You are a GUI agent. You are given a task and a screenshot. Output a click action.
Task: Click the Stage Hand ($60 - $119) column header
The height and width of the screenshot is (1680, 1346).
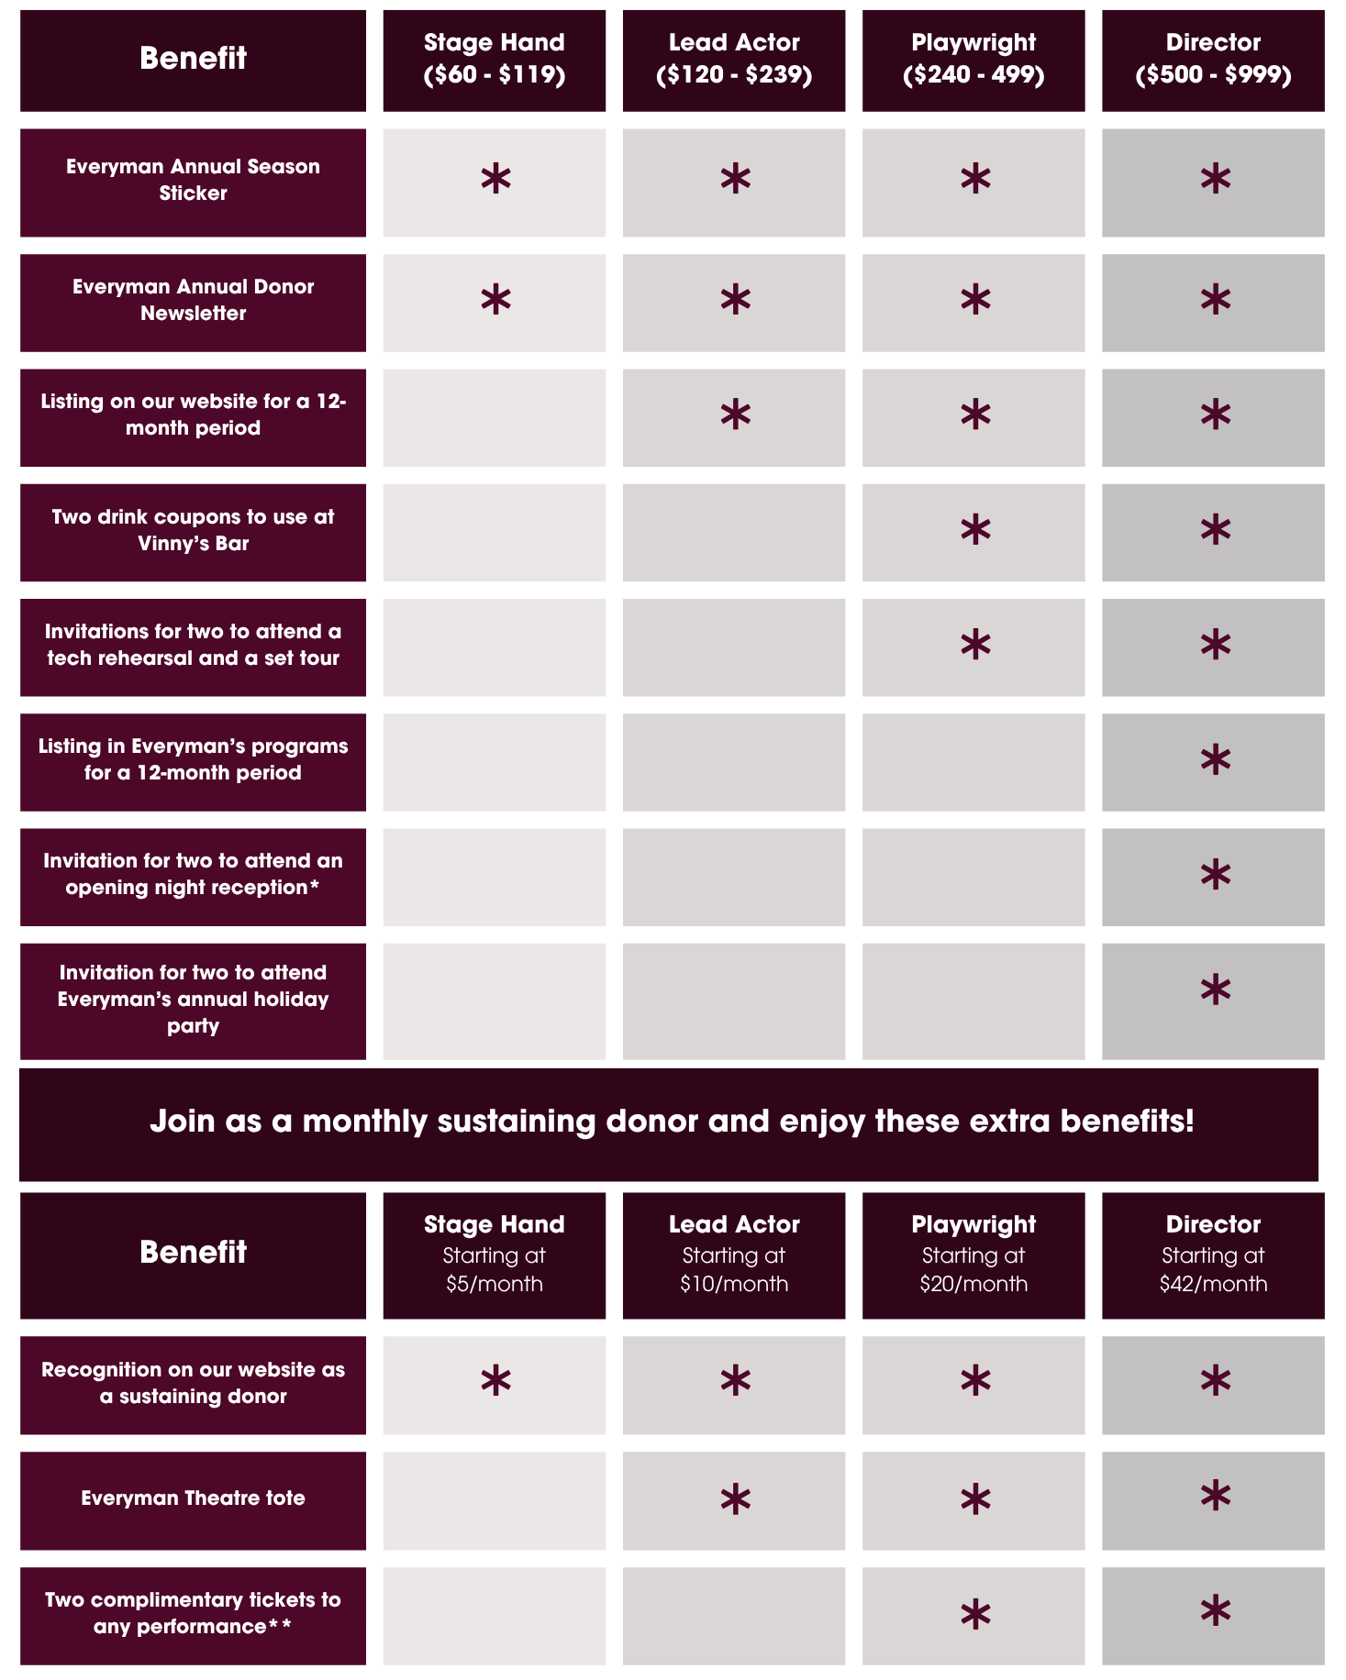point(495,60)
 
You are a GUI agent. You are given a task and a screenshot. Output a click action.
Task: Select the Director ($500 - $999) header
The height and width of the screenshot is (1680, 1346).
point(1213,60)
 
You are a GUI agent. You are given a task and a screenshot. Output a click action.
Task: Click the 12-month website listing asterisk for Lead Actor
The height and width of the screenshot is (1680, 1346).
point(735,415)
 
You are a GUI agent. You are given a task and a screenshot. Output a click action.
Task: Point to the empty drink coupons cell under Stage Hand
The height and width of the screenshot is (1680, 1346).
point(495,533)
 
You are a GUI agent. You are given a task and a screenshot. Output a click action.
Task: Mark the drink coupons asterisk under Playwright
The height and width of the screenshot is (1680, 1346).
point(975,530)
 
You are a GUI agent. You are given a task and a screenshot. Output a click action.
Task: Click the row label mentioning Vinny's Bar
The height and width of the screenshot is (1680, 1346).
point(193,531)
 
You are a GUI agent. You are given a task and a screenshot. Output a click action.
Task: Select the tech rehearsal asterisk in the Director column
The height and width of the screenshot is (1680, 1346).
point(1215,646)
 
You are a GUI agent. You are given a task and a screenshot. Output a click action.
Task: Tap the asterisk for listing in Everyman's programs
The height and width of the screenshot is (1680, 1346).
point(1215,760)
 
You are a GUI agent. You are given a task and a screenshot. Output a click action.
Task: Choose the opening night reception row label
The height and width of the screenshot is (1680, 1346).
point(193,875)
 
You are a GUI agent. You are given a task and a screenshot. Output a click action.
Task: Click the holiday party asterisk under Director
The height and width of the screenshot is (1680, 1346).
point(1215,990)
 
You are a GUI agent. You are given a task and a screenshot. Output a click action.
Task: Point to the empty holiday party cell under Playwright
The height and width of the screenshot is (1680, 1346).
point(973,1001)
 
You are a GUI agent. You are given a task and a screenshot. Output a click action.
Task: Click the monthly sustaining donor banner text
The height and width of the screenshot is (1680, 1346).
point(672,1122)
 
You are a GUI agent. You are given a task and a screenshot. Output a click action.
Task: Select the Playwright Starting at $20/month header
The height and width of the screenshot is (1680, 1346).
point(973,1254)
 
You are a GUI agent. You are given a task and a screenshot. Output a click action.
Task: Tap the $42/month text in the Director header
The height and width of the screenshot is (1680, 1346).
point(1213,1284)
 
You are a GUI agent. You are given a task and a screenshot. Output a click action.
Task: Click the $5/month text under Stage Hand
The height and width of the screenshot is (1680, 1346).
point(495,1284)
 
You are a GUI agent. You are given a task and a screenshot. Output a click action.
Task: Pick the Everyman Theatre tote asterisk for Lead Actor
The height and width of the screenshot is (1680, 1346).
point(735,1500)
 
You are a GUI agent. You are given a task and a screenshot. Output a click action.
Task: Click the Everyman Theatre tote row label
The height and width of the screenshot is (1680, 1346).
point(193,1498)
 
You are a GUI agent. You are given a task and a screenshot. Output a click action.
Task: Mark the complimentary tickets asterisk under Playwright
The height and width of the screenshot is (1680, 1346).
point(975,1615)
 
